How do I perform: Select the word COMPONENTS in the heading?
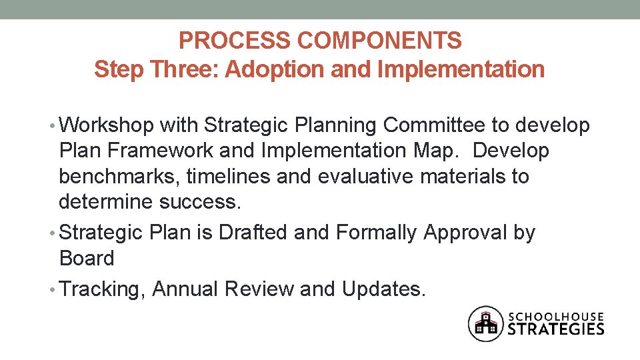(x=379, y=41)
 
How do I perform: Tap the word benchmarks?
(x=119, y=177)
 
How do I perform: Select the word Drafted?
(x=249, y=233)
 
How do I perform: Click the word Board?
(x=86, y=258)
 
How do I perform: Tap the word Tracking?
(x=103, y=289)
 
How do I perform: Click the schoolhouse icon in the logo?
(x=485, y=323)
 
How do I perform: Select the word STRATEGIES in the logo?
(x=556, y=329)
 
